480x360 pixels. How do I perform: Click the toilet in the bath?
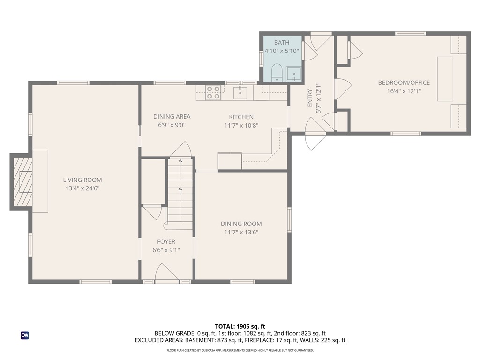(276, 73)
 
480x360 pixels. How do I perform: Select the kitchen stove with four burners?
(213, 92)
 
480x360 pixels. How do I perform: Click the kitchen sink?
(240, 93)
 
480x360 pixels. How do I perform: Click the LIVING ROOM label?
(82, 180)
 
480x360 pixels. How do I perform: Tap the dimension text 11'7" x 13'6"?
(241, 232)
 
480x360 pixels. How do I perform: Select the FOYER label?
(166, 242)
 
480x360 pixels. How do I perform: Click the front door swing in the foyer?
(167, 273)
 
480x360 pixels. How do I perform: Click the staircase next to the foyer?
(180, 192)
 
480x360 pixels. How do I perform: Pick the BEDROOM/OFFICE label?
(404, 83)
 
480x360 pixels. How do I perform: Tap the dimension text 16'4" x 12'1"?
(404, 91)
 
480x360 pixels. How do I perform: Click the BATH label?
(282, 43)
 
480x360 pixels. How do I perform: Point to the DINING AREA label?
(172, 117)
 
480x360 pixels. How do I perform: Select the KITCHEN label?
(241, 117)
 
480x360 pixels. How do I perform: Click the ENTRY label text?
(310, 98)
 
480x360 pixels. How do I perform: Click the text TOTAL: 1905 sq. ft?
(240, 326)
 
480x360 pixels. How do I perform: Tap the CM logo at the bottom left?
(24, 335)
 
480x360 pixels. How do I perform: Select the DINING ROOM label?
(241, 224)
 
